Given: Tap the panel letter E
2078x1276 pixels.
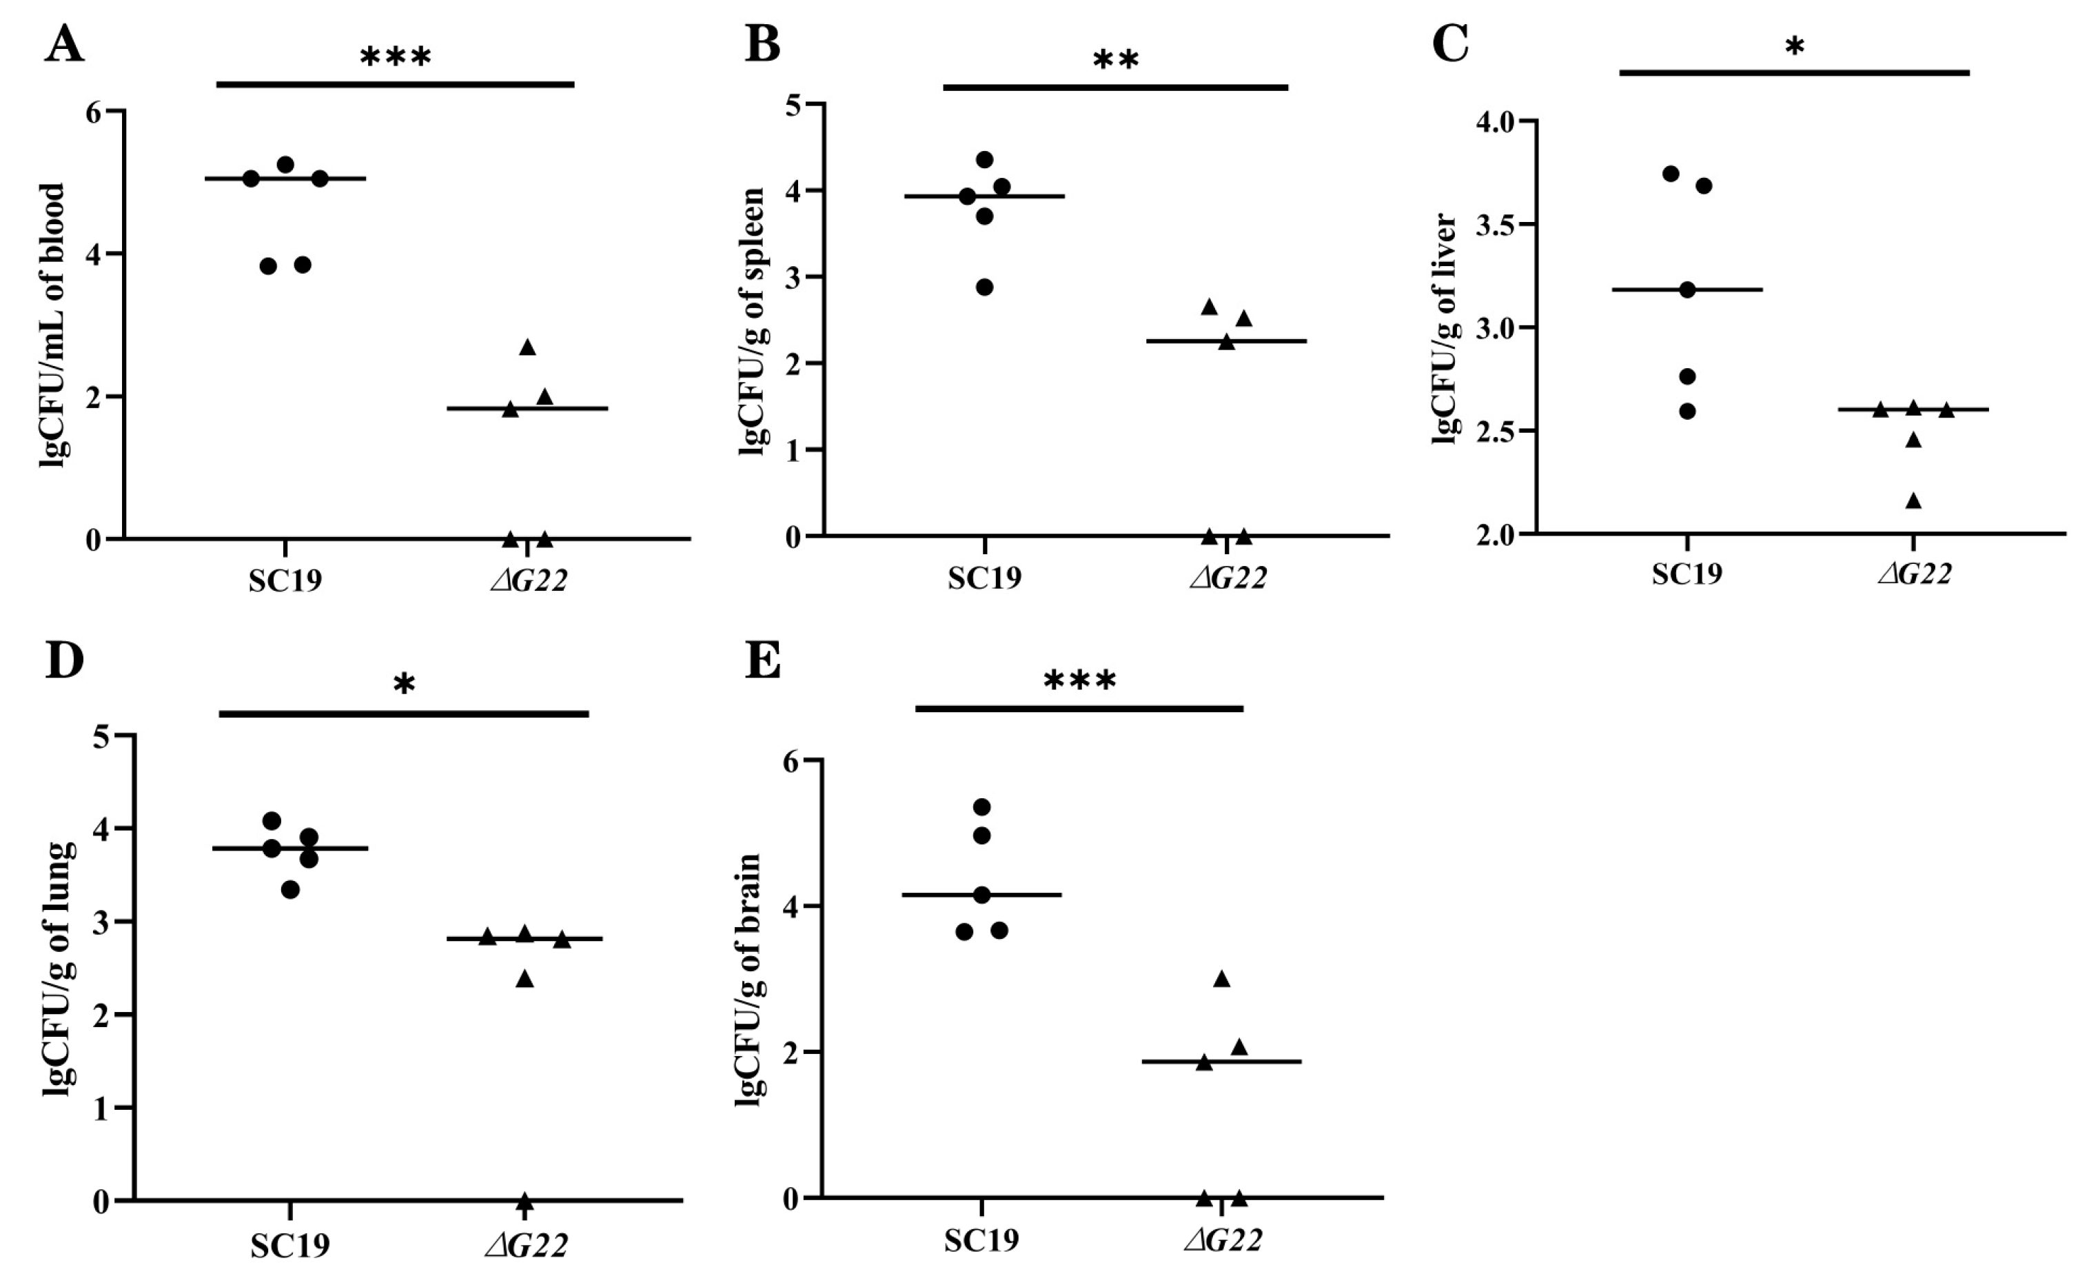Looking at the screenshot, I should tap(763, 662).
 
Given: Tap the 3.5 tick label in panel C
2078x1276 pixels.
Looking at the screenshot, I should tap(1494, 225).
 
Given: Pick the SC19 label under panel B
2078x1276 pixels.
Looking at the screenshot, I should tap(984, 579).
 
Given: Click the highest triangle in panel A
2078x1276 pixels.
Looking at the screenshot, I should tap(527, 347).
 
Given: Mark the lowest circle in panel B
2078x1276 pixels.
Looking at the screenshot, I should tap(985, 287).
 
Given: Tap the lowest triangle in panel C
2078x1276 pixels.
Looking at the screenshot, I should tap(1913, 501).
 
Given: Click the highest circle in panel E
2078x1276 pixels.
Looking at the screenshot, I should tap(981, 807).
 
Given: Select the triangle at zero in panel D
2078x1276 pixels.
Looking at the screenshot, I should tap(524, 1199).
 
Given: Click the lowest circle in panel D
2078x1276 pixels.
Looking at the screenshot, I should tap(290, 889).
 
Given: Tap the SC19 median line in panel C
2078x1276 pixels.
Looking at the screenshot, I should tap(1721, 290).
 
